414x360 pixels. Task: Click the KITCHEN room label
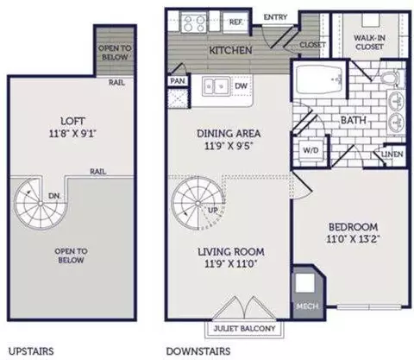[230, 50]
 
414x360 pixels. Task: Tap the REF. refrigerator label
[235, 22]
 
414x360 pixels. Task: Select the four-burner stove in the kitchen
[194, 22]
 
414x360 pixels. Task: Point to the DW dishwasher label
[241, 85]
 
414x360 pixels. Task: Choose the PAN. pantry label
[178, 81]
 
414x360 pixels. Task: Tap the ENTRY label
[275, 17]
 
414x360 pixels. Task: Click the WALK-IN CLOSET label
[369, 42]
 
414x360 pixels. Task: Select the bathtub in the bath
[318, 79]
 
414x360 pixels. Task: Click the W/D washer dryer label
[310, 150]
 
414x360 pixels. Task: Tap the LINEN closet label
[392, 155]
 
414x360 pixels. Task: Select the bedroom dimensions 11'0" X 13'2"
[354, 239]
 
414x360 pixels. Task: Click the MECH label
[308, 306]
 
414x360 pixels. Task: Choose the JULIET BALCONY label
[244, 328]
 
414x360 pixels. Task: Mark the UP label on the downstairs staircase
[213, 211]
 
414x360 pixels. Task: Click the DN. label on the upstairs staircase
[54, 196]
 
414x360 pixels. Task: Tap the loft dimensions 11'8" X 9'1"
[72, 134]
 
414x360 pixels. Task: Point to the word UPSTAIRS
[31, 351]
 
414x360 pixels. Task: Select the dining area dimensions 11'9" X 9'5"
[229, 146]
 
